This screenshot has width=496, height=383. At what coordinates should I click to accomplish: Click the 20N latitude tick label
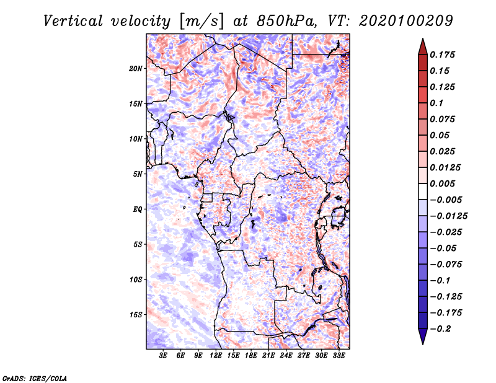pos(136,69)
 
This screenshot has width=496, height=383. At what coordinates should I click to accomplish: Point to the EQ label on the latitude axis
pos(138,209)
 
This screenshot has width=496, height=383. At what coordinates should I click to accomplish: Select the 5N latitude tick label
pos(138,174)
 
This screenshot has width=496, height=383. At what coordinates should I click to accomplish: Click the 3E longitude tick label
pos(163,356)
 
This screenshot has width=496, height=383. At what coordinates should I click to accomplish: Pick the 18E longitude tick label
pos(251,356)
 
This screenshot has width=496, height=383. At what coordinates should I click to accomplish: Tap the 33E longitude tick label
pos(339,356)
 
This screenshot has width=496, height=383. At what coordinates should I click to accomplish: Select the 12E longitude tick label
pos(216,356)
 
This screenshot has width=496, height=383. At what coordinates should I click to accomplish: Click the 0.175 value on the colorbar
pos(443,55)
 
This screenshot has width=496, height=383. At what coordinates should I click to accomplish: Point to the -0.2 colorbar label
pos(440,329)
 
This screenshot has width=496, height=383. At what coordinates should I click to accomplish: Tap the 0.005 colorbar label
pos(443,183)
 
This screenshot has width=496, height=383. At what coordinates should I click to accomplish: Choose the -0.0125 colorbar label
pos(448,216)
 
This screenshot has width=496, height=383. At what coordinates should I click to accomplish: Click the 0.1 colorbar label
pos(436,103)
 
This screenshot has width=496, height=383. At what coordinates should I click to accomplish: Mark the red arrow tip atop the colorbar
pos(423,38)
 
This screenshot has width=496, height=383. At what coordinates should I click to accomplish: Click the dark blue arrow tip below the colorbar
pos(423,344)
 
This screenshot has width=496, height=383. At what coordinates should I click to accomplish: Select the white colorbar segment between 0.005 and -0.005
pos(423,191)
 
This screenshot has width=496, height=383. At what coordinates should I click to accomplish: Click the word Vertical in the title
pos(73,21)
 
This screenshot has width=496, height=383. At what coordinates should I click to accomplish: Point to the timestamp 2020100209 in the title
pos(406,21)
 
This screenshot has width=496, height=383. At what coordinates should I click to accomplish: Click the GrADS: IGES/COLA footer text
pos(35,379)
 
